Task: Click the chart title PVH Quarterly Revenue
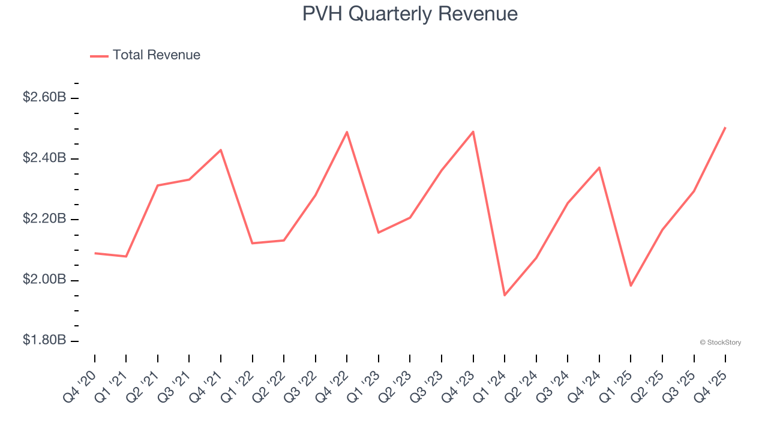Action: coord(410,14)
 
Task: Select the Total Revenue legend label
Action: coord(156,55)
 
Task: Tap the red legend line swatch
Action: coord(99,56)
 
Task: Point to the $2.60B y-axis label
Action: coord(44,97)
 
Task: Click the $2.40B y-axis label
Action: coord(44,158)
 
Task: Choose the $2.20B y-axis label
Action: coord(44,219)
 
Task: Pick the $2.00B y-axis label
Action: coord(44,280)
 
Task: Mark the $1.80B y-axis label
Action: coord(44,341)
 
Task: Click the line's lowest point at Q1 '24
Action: coord(505,295)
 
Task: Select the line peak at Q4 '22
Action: coord(347,132)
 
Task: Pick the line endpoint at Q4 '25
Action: coord(725,128)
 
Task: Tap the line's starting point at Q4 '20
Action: coord(95,253)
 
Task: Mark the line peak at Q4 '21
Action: coord(221,150)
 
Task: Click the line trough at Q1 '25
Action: coord(631,286)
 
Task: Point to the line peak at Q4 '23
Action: coord(473,131)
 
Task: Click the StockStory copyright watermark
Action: coord(720,343)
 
